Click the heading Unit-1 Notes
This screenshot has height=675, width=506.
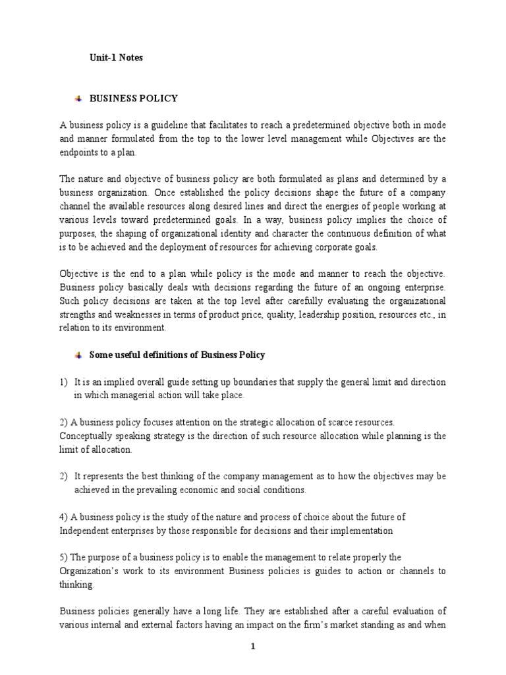(x=116, y=57)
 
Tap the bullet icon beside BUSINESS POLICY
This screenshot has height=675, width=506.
(x=77, y=98)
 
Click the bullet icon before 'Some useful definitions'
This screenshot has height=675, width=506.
(x=77, y=355)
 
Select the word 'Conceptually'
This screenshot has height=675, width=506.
(x=85, y=436)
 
